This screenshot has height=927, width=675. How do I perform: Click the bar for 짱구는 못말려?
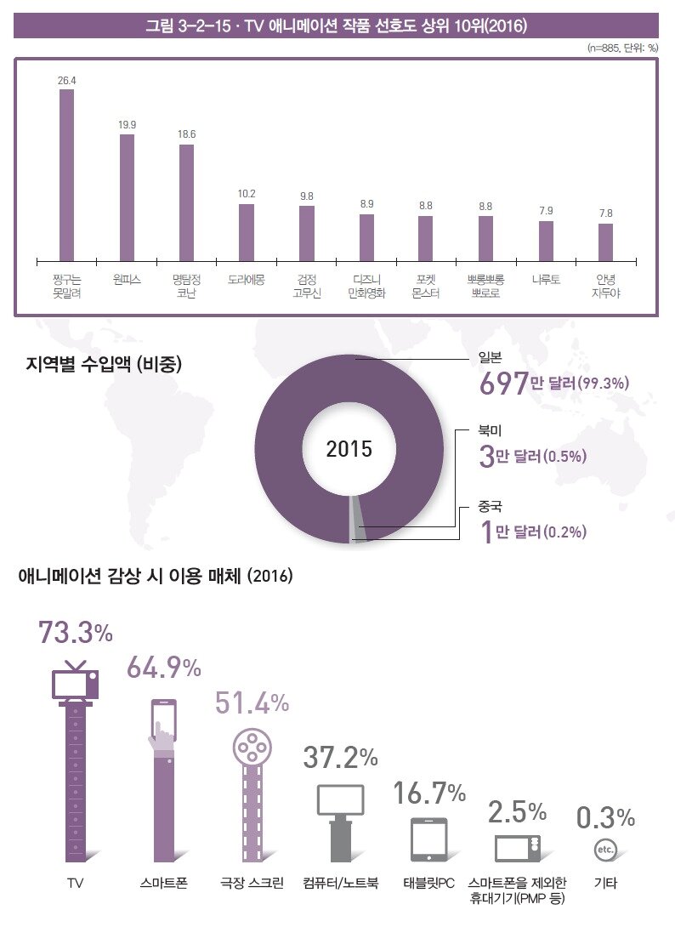[66, 174]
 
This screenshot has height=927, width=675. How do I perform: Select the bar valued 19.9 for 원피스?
[127, 196]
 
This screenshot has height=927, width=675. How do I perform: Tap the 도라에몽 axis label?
[247, 278]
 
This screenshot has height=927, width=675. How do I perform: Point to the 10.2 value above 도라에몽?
[247, 194]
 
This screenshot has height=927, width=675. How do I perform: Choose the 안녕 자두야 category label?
[606, 285]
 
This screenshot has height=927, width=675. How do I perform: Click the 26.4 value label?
[66, 80]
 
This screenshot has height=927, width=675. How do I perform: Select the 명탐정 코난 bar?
[187, 202]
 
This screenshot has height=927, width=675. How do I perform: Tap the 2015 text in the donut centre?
[349, 449]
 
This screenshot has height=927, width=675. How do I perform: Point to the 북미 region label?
[490, 433]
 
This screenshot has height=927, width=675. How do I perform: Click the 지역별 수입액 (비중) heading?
[105, 365]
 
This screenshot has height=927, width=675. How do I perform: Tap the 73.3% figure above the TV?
[76, 634]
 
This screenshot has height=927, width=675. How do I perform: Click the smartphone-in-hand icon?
[162, 723]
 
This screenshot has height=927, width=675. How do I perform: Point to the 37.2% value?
[340, 756]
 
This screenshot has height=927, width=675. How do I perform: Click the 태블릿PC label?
[430, 884]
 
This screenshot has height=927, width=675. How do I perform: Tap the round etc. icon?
[605, 849]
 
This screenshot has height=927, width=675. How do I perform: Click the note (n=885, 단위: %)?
[622, 48]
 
